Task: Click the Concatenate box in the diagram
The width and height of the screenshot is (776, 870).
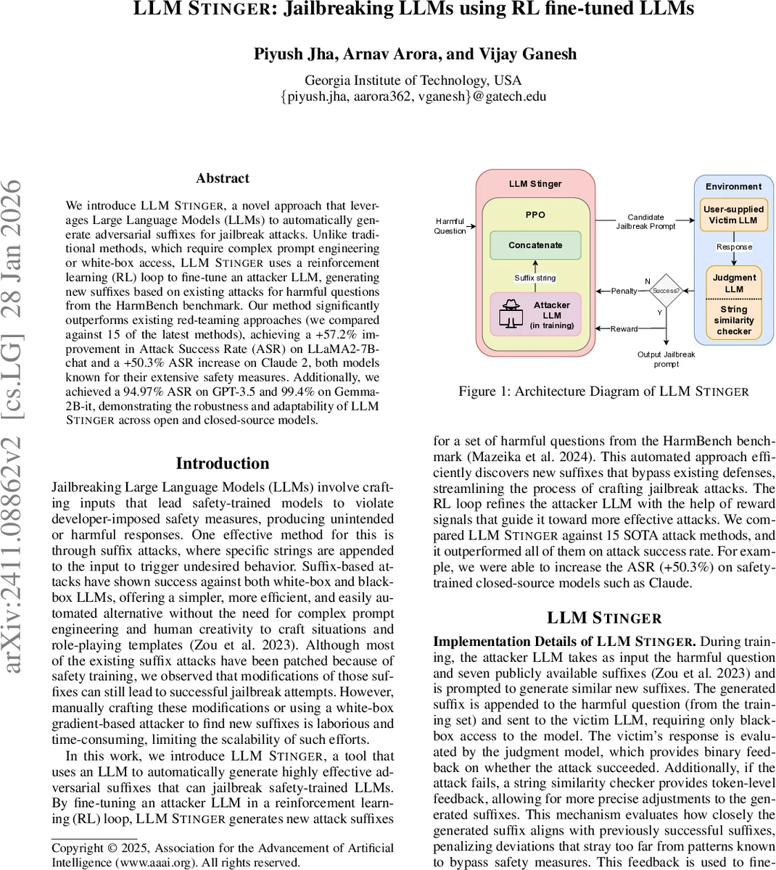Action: coord(535,245)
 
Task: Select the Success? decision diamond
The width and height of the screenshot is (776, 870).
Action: coord(666,291)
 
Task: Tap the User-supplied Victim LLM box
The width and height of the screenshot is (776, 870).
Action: coord(733,215)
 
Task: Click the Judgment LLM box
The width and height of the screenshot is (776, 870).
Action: coord(733,283)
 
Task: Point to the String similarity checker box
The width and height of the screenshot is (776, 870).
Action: coord(733,320)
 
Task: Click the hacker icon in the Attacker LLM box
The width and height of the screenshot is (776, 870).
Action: coord(512,313)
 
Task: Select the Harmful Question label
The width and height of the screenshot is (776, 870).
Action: coord(450,226)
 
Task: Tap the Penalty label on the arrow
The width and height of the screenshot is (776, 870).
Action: coord(624,291)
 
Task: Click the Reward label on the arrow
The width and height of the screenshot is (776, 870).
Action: coord(624,328)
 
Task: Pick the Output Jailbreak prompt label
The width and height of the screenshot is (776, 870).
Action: coord(666,359)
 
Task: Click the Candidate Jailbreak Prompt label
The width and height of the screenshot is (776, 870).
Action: coord(645,221)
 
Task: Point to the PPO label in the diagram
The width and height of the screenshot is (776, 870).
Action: coord(535,215)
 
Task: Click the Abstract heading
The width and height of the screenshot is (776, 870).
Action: coord(223,178)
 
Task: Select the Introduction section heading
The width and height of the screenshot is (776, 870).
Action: coord(223,463)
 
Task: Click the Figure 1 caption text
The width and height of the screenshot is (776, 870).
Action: coord(603,391)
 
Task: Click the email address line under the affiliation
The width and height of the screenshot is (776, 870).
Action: coord(413,96)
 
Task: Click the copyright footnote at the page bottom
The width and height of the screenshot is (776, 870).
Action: coord(223,855)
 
